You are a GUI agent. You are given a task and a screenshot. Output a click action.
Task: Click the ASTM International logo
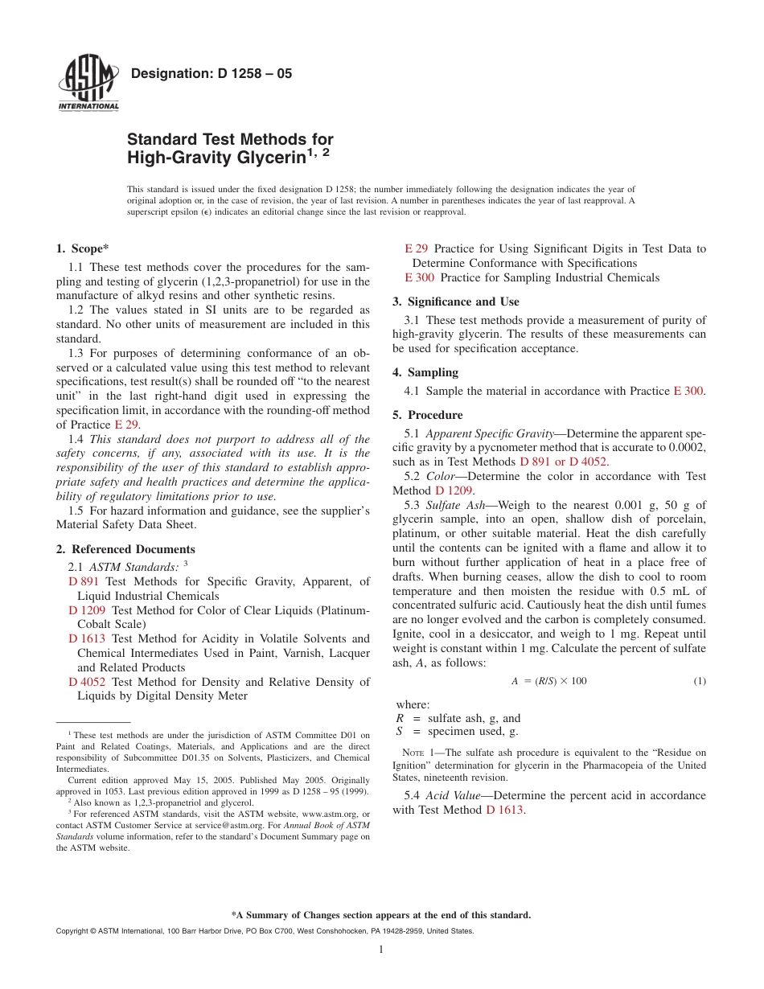(x=88, y=84)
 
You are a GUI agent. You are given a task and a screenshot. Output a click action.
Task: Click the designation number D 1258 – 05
(x=211, y=74)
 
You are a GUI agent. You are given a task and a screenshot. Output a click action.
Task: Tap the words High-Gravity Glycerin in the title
(x=217, y=158)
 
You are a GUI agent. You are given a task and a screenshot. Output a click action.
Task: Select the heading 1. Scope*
(x=83, y=249)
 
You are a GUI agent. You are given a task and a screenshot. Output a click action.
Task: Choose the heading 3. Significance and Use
(x=456, y=302)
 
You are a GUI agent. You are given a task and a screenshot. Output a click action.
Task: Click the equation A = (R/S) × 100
(x=549, y=681)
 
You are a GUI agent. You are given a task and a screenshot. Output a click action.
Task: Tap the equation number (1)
(x=699, y=681)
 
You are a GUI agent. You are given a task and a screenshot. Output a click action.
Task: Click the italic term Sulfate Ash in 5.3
(x=455, y=505)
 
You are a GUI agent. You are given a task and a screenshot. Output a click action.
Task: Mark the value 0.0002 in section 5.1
(x=688, y=448)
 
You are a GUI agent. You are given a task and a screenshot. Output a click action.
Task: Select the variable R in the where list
(x=400, y=718)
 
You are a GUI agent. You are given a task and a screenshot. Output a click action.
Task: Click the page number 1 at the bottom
(x=381, y=950)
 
